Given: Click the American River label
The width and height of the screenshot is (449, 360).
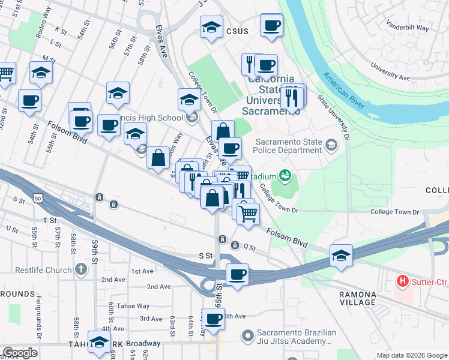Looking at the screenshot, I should (344, 91).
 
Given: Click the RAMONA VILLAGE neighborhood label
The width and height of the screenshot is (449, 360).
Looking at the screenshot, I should (357, 299).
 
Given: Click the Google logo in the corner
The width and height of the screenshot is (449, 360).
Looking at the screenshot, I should (20, 352).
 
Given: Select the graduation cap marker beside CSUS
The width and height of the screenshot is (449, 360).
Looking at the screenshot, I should (211, 29).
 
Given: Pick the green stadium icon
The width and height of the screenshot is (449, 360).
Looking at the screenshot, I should (285, 176).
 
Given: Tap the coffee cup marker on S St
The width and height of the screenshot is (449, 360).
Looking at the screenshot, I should (237, 275).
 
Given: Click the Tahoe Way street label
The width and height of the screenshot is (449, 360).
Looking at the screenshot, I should (133, 306).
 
